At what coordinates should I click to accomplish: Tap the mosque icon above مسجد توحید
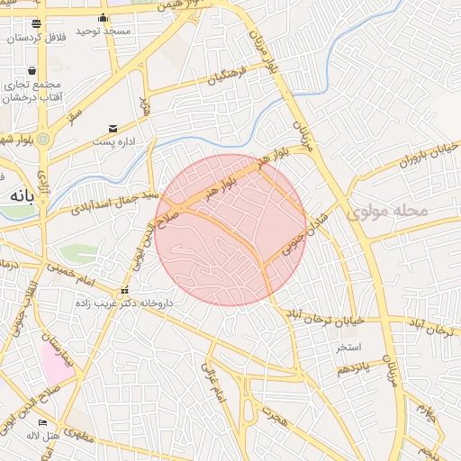tap(104, 18)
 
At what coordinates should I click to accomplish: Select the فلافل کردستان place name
tap(35, 38)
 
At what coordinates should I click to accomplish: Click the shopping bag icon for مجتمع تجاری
tap(32, 70)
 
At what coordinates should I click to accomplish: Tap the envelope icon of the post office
tap(113, 128)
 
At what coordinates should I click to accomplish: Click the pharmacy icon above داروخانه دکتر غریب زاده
tap(124, 290)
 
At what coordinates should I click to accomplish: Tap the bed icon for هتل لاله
tap(43, 422)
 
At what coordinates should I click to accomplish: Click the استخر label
tap(348, 347)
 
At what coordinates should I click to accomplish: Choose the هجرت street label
tap(270, 415)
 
